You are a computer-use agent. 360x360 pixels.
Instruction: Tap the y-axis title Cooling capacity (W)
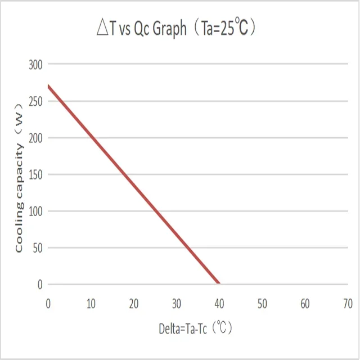pyautogui.click(x=19, y=177)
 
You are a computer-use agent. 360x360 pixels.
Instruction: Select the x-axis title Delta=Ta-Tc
pyautogui.click(x=195, y=328)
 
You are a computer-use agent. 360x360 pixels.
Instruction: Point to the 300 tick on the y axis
pyautogui.click(x=35, y=65)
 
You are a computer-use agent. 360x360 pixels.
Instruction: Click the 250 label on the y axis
pyautogui.click(x=35, y=101)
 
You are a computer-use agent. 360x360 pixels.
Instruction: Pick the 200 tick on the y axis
pyautogui.click(x=35, y=138)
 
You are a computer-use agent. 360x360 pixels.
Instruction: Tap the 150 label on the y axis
pyautogui.click(x=35, y=174)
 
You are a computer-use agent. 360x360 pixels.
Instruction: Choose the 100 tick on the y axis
pyautogui.click(x=35, y=211)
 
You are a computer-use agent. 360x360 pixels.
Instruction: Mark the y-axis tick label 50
pyautogui.click(x=37, y=247)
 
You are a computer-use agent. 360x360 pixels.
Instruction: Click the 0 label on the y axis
pyautogui.click(x=40, y=285)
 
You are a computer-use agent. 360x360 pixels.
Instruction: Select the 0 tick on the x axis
pyautogui.click(x=48, y=304)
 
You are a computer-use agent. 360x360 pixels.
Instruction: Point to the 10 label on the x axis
pyautogui.click(x=91, y=304)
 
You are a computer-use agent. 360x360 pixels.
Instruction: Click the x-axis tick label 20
pyautogui.click(x=134, y=304)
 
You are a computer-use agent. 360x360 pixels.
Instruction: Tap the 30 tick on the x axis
pyautogui.click(x=177, y=304)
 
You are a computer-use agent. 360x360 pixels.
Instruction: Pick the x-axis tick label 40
pyautogui.click(x=219, y=304)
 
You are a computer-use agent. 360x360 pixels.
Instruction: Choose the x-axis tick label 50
pyautogui.click(x=262, y=304)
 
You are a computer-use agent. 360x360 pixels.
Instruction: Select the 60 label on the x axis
pyautogui.click(x=305, y=304)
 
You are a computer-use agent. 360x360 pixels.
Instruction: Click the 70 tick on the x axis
pyautogui.click(x=348, y=304)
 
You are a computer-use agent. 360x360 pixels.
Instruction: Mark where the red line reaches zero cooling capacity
pyautogui.click(x=219, y=283)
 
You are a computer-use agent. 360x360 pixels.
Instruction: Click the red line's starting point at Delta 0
pyautogui.click(x=49, y=86)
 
